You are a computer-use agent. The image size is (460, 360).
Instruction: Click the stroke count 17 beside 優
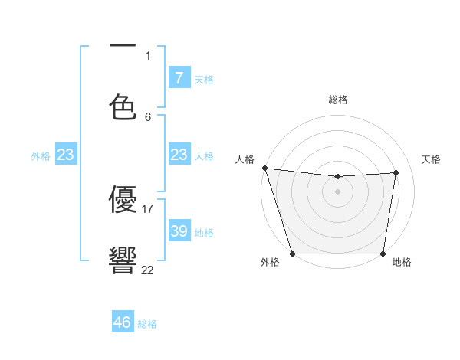[149, 208]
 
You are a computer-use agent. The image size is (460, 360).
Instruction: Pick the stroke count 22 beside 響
[147, 270]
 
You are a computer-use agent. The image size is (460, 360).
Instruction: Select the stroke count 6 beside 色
[148, 116]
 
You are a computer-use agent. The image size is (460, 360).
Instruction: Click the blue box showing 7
[179, 77]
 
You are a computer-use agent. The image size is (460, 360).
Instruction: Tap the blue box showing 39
[179, 231]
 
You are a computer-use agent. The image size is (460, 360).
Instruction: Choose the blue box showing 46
[123, 322]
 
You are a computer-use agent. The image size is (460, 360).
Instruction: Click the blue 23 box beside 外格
[66, 155]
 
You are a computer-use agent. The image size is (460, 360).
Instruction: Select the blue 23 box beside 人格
[179, 155]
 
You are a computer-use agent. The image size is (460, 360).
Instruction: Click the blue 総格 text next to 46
[147, 324]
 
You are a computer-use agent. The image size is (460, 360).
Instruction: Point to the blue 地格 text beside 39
[204, 233]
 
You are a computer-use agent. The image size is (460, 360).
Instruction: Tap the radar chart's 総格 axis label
[338, 100]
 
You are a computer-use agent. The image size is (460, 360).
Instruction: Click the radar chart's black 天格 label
[431, 159]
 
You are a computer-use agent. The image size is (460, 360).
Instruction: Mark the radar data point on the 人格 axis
[264, 168]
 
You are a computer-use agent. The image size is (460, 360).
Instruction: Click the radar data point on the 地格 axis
[383, 253]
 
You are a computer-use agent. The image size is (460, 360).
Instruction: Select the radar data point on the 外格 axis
[292, 253]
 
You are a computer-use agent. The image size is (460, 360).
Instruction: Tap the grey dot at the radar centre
[337, 191]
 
